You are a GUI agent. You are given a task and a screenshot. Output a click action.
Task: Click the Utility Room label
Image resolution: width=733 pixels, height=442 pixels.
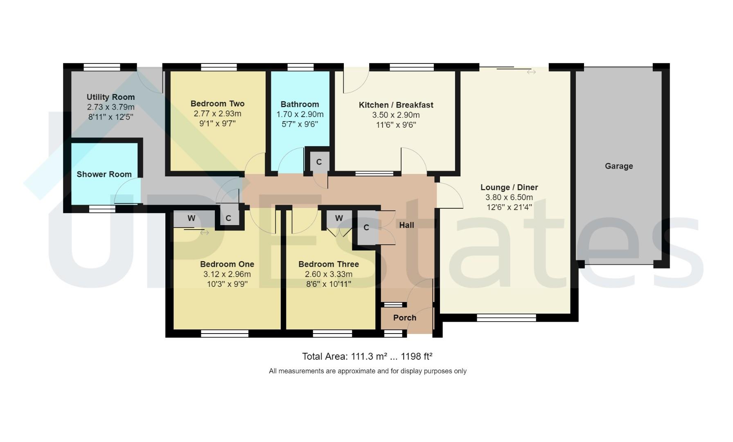111,97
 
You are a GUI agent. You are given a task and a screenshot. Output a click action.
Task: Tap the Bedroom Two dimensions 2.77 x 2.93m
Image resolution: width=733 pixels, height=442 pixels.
217,114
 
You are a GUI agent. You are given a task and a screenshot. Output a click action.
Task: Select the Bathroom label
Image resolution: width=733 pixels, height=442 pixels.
300,104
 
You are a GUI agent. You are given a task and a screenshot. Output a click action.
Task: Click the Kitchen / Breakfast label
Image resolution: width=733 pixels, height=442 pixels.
396,105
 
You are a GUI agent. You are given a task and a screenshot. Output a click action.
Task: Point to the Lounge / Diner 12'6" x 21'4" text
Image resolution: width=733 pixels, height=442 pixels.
509,207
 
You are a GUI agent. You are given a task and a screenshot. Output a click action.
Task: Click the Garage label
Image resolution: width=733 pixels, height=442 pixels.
619,166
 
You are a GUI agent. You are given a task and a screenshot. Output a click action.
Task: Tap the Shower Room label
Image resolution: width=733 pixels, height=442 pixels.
104,174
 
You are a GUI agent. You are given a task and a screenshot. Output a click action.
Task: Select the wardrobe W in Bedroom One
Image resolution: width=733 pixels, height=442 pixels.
191,218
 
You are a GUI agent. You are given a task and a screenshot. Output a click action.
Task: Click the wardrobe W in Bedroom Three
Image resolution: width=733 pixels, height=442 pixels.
339,218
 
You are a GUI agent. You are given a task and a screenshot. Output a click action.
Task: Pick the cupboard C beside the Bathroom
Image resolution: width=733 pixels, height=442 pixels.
319,162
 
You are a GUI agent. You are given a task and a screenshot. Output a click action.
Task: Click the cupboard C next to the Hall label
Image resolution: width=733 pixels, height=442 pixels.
366,228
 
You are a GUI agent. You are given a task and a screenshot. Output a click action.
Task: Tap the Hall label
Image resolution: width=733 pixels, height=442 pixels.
406,225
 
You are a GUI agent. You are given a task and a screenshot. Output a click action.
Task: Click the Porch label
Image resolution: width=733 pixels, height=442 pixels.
404,318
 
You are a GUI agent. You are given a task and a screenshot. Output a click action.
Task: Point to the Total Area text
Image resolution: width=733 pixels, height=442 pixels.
367,356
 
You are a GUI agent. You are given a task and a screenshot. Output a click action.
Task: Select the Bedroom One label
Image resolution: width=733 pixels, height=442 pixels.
227,264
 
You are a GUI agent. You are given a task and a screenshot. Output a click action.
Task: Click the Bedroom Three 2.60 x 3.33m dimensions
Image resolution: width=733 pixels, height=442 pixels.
329,274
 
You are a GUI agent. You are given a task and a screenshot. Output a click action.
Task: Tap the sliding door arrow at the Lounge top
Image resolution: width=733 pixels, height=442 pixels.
531,72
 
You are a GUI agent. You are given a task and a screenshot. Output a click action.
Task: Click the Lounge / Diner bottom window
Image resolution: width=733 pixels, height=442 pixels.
506,317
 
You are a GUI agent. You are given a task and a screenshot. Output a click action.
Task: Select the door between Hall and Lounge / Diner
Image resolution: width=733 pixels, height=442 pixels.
449,196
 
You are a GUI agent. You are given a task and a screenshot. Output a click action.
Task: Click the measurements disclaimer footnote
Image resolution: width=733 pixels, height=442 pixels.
367,371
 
